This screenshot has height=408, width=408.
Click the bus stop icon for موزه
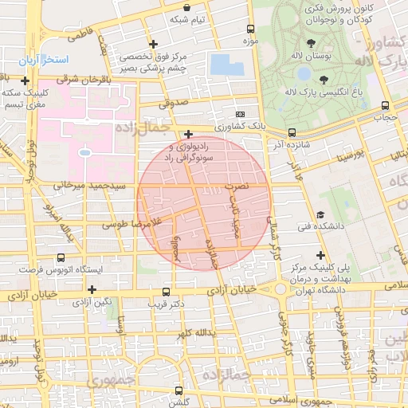point(251,28)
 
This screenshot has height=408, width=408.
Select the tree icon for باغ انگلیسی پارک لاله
point(324,79)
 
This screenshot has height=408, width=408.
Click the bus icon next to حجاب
point(386,105)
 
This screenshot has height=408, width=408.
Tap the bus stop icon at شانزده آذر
point(292,132)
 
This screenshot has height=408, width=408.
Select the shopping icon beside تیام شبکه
point(186,6)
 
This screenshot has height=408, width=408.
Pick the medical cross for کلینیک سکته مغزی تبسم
point(26,80)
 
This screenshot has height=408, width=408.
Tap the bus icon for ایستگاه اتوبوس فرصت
point(61,257)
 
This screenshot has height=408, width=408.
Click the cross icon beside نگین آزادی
point(92,289)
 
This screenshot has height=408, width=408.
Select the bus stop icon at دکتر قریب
point(166,292)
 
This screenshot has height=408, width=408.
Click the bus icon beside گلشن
point(177,391)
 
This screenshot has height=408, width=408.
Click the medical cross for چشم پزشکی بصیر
point(155,45)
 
